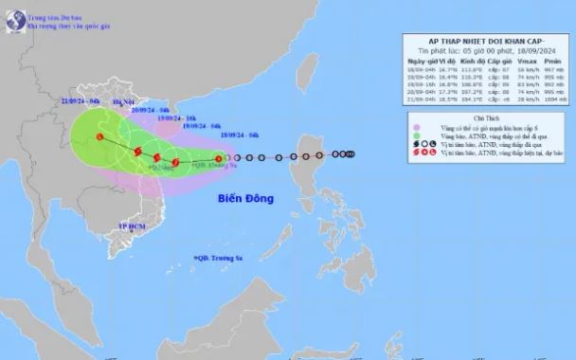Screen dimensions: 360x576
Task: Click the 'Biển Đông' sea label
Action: (244, 199)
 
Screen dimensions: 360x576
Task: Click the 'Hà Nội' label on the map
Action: (124, 99)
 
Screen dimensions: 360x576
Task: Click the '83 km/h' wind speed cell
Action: (523, 82)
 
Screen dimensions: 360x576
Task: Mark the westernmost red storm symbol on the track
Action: (100, 138)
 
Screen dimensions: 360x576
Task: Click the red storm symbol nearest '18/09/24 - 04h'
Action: (219, 159)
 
